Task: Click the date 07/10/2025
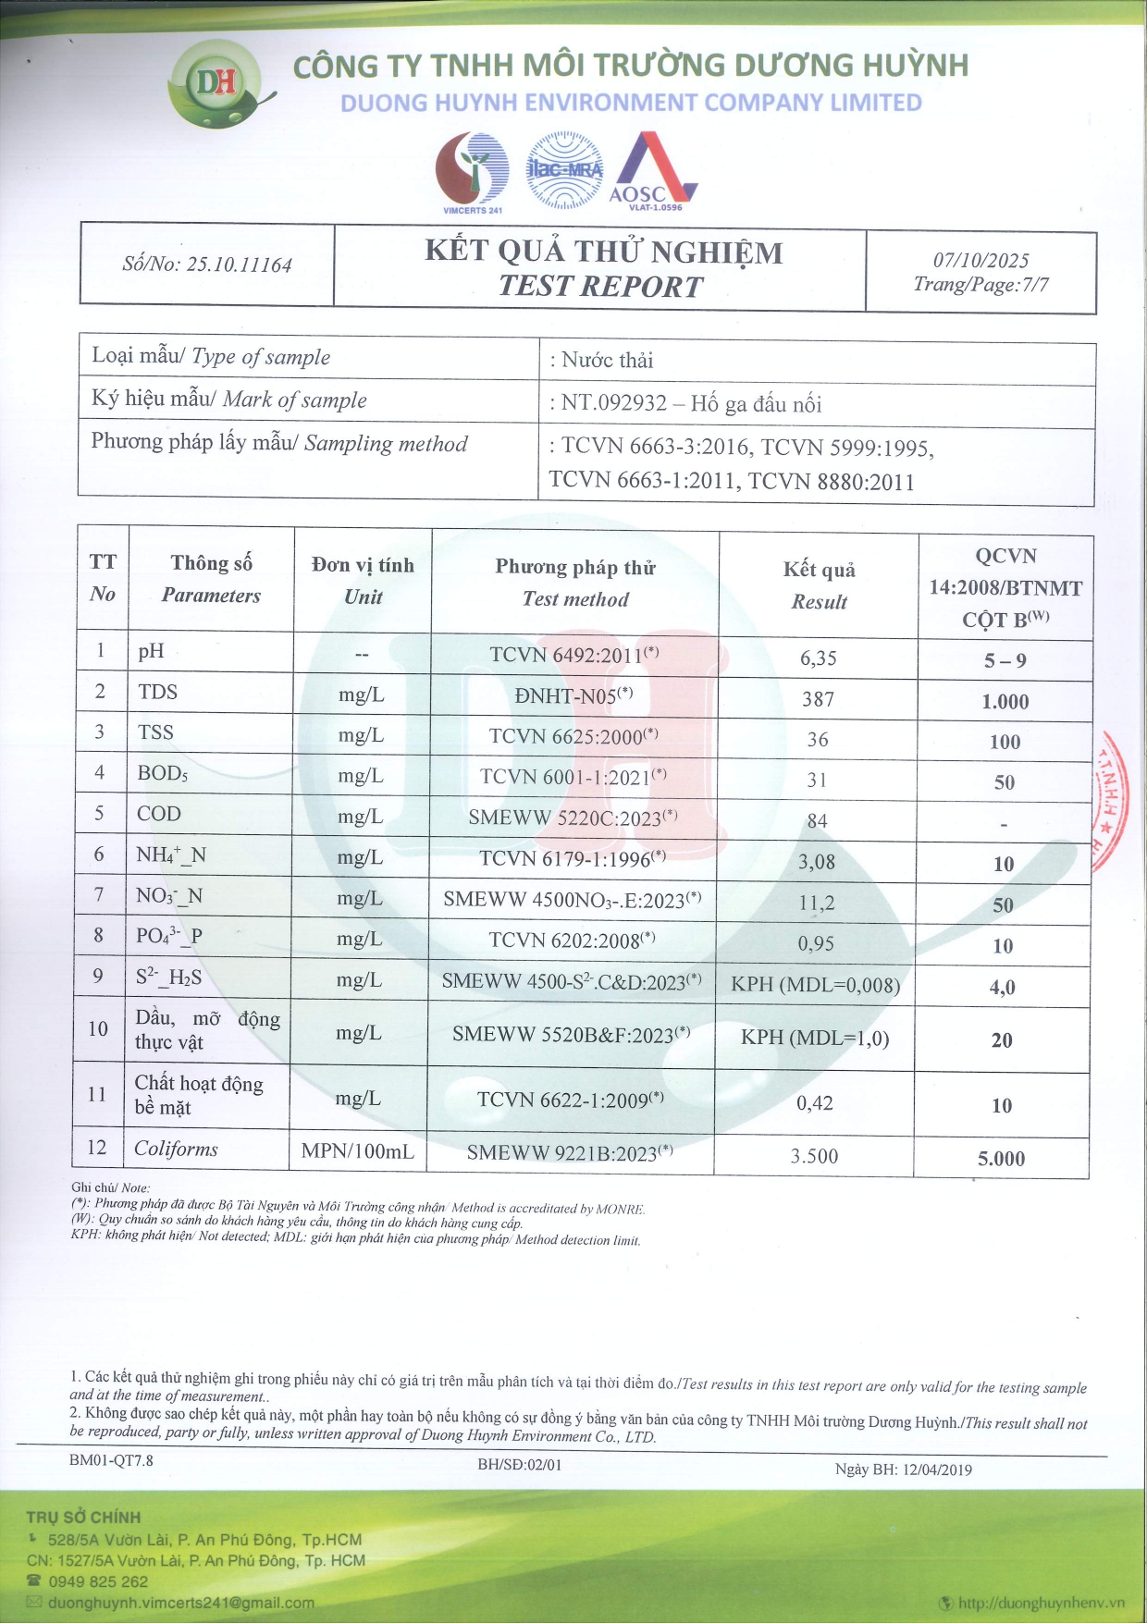(980, 261)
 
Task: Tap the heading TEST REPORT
(601, 287)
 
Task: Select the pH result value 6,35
(818, 658)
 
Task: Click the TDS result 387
(818, 699)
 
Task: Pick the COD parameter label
(159, 814)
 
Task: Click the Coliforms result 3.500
(814, 1156)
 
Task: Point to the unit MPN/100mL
(358, 1151)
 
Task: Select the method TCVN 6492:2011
(573, 655)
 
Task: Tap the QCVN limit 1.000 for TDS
(1005, 702)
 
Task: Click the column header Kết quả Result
(819, 585)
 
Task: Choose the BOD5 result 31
(817, 781)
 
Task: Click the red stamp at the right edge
(1115, 801)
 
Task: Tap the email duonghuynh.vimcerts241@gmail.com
(181, 1603)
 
